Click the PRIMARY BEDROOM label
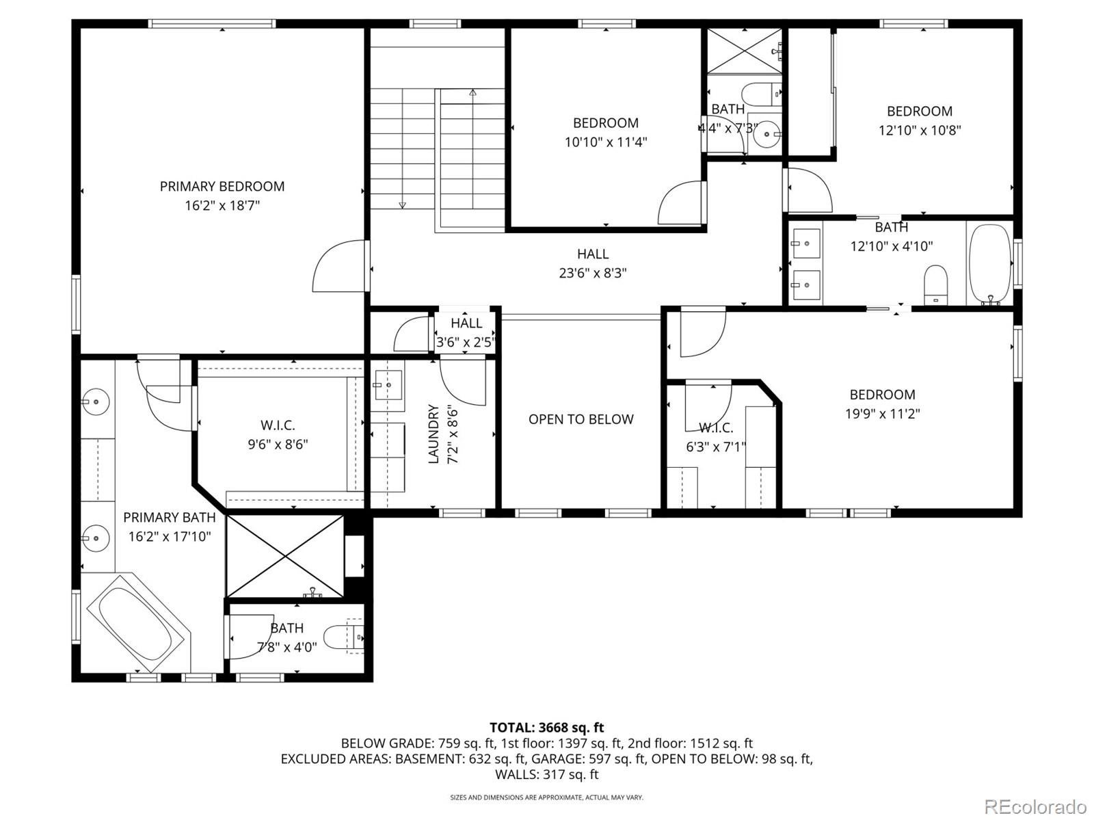tap(222, 186)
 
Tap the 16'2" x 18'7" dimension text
tap(222, 205)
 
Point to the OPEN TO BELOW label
tap(581, 419)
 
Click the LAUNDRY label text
tap(433, 434)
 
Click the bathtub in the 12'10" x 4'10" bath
tap(989, 263)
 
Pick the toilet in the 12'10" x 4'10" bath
tap(935, 284)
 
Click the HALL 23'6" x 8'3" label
tap(592, 263)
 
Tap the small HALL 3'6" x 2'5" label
tap(466, 332)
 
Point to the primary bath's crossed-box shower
tap(285, 556)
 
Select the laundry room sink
tap(388, 385)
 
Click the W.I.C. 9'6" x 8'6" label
tap(278, 435)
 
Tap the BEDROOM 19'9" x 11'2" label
tap(881, 404)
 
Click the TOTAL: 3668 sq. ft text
tap(546, 728)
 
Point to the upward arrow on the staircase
tap(472, 93)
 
